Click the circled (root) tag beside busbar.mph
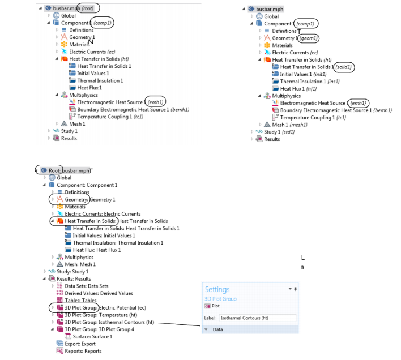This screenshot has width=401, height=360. [88, 8]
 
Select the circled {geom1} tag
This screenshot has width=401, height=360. [309, 38]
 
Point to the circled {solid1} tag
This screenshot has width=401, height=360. [344, 67]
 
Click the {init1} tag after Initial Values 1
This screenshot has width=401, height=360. [320, 74]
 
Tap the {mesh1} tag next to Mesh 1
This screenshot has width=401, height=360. [298, 125]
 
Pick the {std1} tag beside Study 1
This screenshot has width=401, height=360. [288, 132]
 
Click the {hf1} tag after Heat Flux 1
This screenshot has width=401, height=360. [312, 89]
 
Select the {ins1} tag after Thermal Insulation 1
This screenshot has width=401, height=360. [334, 82]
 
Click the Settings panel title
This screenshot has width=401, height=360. [217, 289]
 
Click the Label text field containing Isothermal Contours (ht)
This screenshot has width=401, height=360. [258, 318]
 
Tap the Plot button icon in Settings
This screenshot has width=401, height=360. [207, 306]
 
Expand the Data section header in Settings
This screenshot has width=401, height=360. [217, 329]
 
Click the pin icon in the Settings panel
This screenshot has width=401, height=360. [296, 289]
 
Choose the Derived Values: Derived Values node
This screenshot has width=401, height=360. [95, 293]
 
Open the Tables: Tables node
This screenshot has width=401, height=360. [76, 301]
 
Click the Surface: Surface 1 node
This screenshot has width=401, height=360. [88, 337]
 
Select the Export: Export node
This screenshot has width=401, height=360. [76, 344]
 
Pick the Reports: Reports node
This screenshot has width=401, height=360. [79, 351]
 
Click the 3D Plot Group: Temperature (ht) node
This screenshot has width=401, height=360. [97, 315]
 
